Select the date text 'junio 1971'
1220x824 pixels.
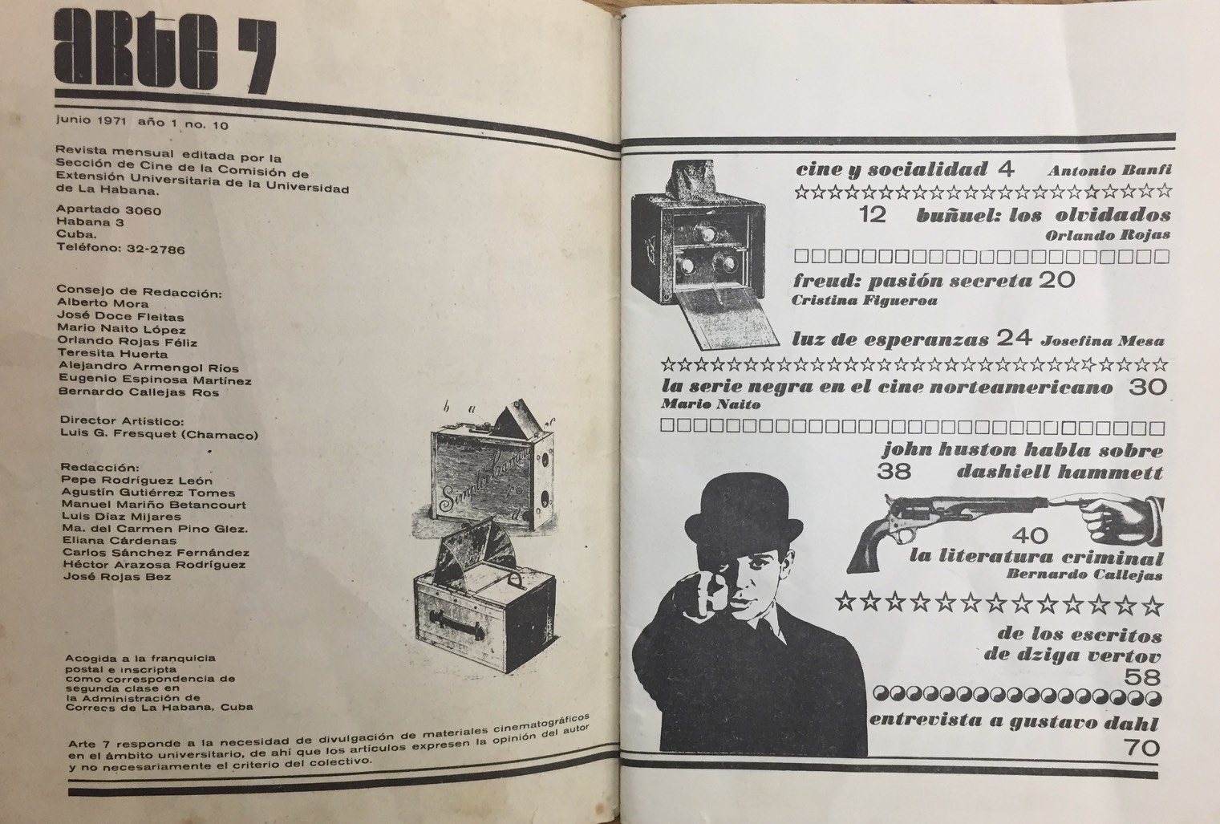pyautogui.click(x=91, y=120)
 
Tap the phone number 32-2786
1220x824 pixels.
pyautogui.click(x=156, y=250)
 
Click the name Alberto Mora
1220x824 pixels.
pyautogui.click(x=103, y=303)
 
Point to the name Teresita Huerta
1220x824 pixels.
pyautogui.click(x=113, y=354)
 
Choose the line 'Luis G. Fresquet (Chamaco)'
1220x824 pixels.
pyautogui.click(x=159, y=434)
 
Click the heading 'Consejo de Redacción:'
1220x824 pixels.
pyautogui.click(x=140, y=292)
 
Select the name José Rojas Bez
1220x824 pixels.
pyautogui.click(x=116, y=577)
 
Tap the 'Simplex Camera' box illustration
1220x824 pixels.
pyautogui.click(x=492, y=472)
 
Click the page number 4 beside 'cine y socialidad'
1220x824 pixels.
pyautogui.click(x=1006, y=169)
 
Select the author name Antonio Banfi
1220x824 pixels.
pyautogui.click(x=1109, y=171)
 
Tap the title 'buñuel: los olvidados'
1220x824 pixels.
pyautogui.click(x=1044, y=215)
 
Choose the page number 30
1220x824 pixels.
pyautogui.click(x=1148, y=387)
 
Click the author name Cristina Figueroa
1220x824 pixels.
pyautogui.click(x=865, y=300)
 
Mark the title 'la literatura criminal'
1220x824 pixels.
pyautogui.click(x=1036, y=556)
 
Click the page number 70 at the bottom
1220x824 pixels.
pyautogui.click(x=1142, y=748)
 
